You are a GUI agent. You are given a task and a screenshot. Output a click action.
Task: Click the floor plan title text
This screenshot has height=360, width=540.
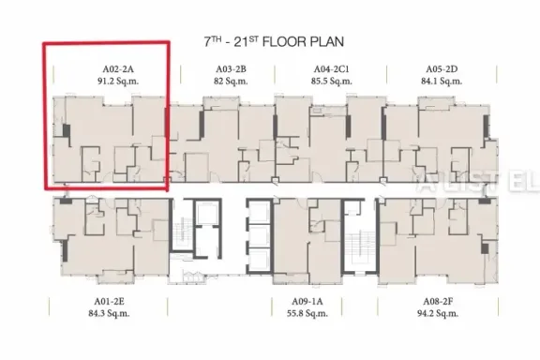pos(274,41)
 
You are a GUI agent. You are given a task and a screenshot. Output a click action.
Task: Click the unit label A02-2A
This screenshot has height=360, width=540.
pos(118,69)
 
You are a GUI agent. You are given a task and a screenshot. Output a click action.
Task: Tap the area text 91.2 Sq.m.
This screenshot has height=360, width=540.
pos(118,82)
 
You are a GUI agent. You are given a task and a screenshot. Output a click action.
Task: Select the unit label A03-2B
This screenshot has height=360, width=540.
pos(231,69)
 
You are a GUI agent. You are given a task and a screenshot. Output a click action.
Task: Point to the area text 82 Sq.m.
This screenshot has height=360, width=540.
pos(231,82)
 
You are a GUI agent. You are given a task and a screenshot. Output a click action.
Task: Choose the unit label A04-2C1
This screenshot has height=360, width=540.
pos(331,69)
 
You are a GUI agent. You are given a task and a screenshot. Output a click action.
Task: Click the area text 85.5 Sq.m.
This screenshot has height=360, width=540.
pos(331,82)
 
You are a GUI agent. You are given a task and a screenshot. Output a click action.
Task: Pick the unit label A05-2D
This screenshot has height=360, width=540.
pos(442,69)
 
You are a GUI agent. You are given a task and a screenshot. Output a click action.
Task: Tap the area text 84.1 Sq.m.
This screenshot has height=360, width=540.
pos(442,82)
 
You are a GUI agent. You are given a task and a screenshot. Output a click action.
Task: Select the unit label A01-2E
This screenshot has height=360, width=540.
pos(109,302)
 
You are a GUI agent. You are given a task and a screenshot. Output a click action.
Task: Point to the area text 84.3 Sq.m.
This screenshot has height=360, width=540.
pos(109,313)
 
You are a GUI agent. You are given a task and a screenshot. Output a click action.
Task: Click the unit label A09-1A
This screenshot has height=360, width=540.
pos(307,302)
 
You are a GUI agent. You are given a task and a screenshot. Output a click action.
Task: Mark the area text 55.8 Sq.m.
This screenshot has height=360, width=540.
pos(307,313)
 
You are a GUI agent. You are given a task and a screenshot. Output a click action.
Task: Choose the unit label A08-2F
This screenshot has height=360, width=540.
pos(438,302)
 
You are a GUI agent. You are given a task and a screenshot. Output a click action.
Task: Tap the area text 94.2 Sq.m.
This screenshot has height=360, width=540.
pos(438,313)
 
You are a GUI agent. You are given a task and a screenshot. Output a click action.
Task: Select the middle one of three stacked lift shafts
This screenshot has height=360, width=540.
pos(259,236)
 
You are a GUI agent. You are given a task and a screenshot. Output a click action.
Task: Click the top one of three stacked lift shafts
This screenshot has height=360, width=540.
pos(259,212)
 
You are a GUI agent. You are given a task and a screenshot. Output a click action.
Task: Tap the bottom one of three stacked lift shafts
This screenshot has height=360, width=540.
pos(259,261)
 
